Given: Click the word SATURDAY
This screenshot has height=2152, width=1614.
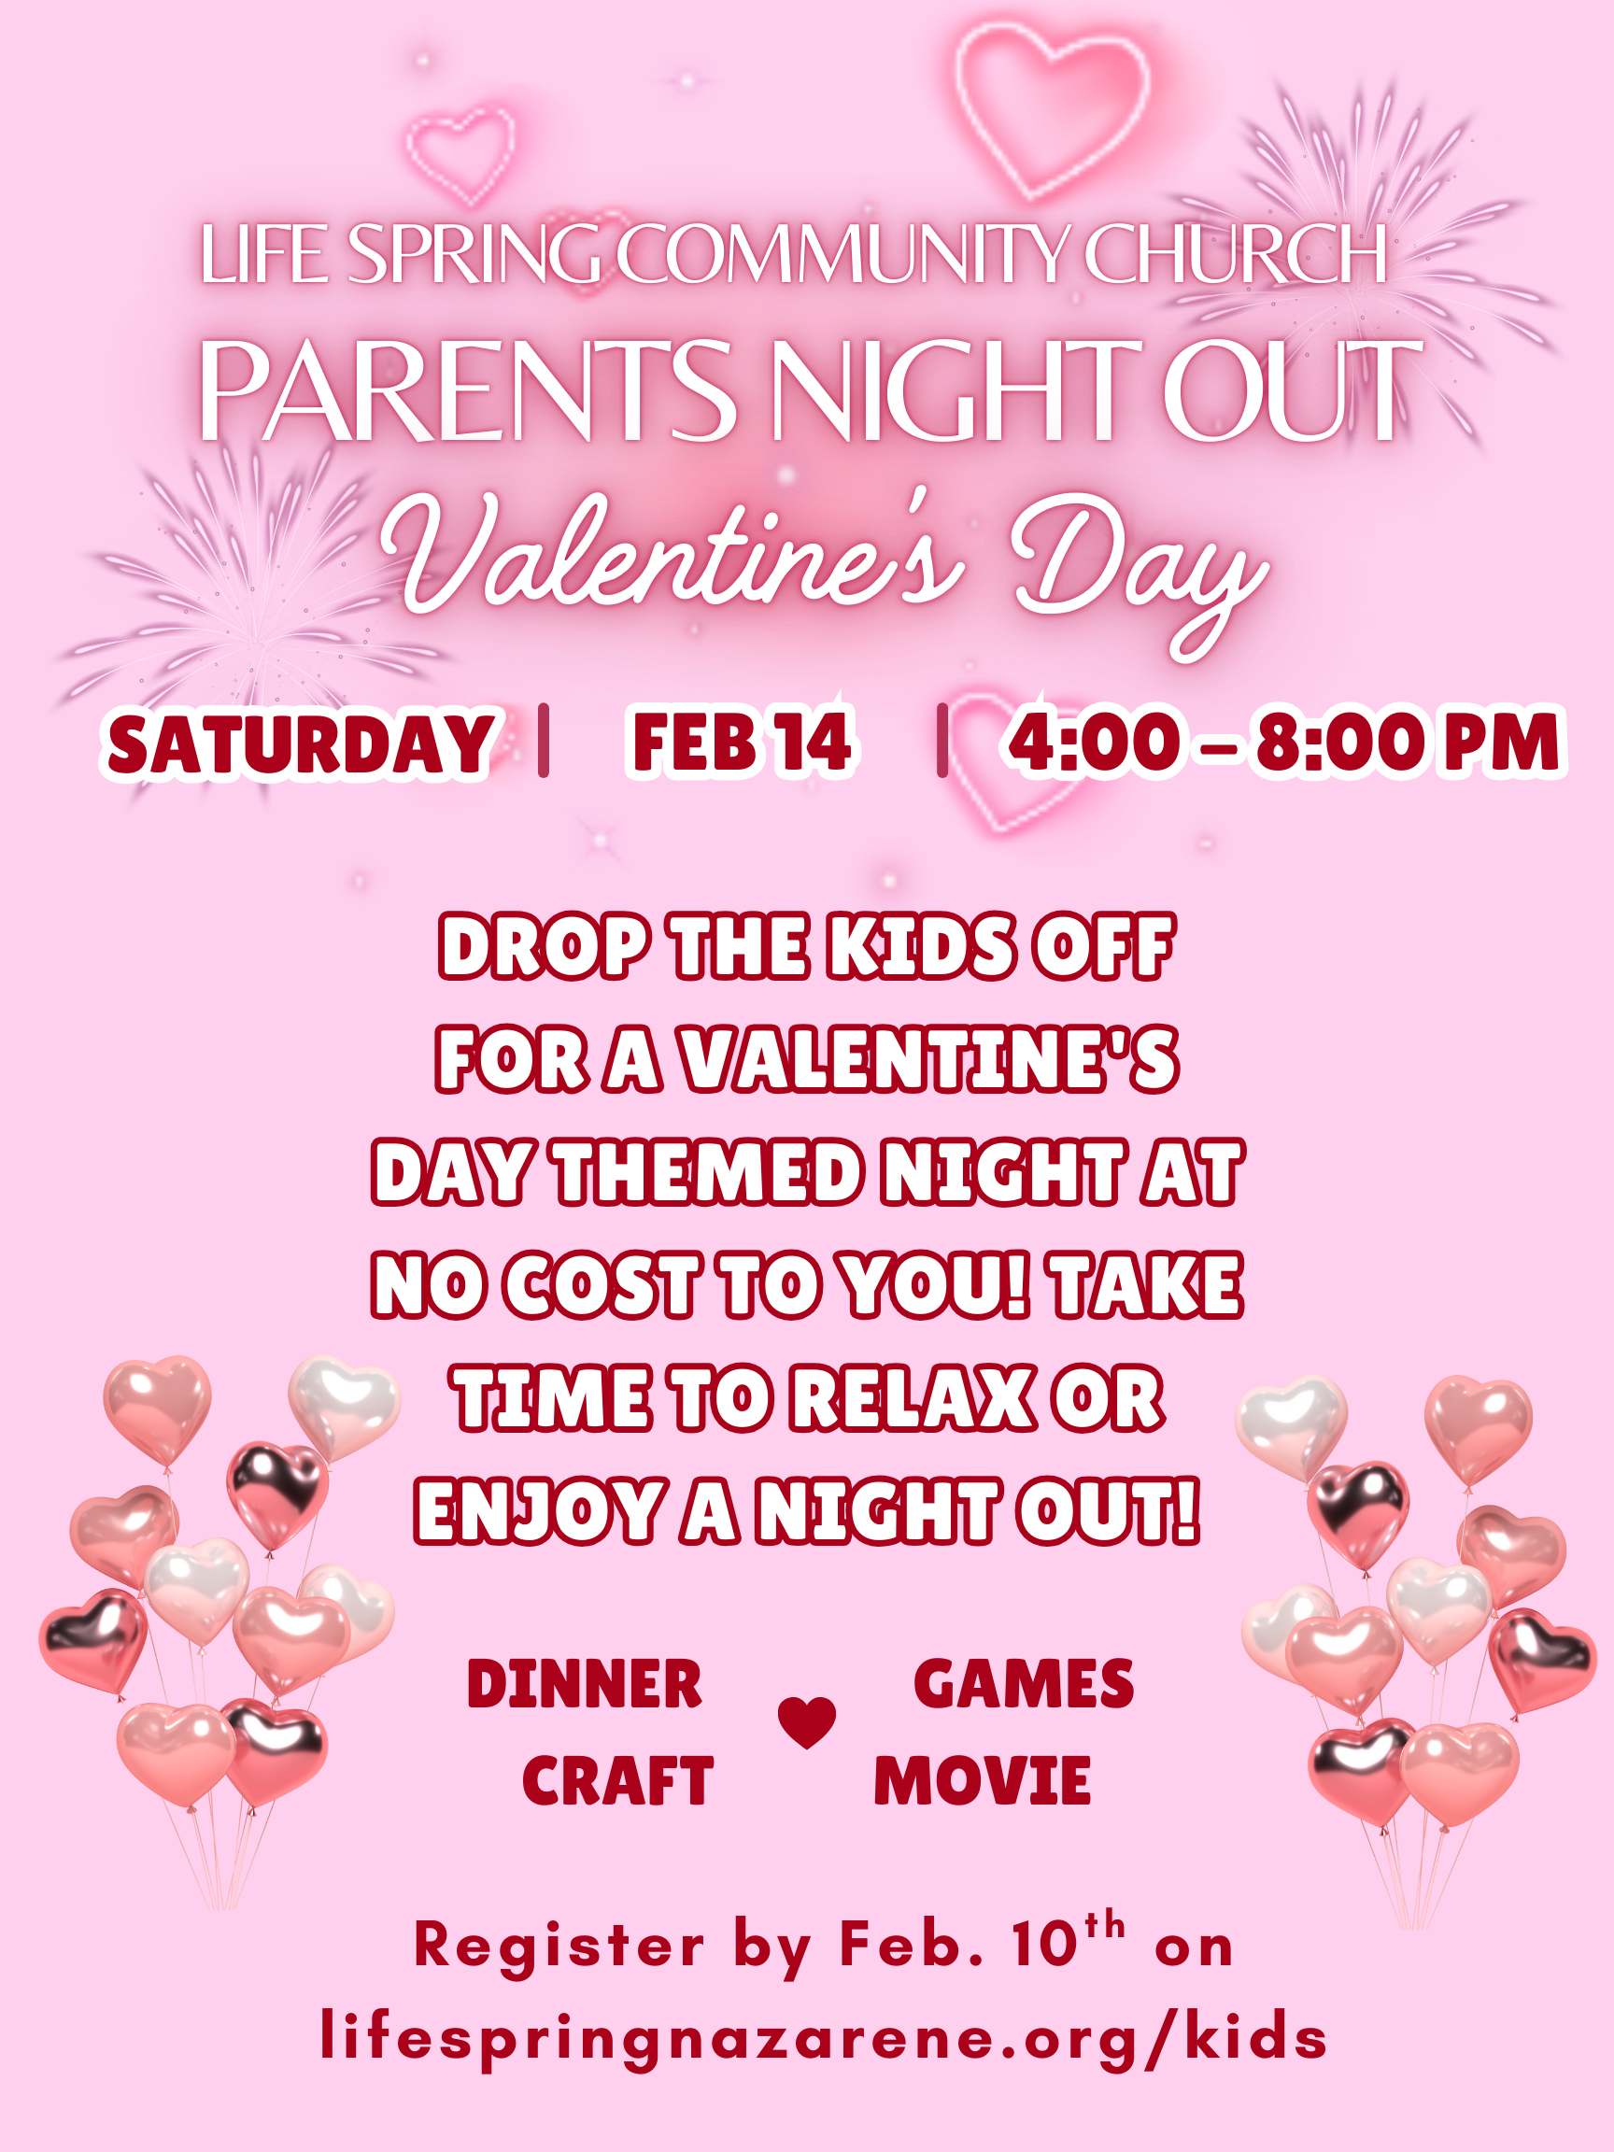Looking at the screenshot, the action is point(300,744).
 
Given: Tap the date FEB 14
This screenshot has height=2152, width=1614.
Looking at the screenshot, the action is point(742,743).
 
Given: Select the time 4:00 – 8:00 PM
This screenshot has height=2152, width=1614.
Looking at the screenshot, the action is point(1283,743).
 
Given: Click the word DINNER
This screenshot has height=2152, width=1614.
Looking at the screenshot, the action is point(584,1684).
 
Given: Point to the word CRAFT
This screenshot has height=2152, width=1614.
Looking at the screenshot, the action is point(617,1780).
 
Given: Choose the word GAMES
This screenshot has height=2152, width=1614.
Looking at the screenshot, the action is point(1024,1684).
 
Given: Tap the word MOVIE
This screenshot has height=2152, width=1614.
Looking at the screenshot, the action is point(982,1780).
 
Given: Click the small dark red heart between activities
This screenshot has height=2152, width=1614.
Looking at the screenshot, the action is point(806,1722).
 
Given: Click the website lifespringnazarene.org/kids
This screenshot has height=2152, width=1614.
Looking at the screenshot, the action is point(823,2038).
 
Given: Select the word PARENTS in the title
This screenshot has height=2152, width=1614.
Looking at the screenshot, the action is point(467,390).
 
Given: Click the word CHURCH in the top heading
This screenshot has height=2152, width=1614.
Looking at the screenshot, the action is point(1235,254).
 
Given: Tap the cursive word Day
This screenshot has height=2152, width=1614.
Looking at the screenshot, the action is point(1139,569).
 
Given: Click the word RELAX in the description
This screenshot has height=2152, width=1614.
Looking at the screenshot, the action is point(912,1398).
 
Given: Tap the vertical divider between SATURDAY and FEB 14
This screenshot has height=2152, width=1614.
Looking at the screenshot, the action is point(544,741).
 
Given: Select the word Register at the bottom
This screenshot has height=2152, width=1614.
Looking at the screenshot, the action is point(559,1947).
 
